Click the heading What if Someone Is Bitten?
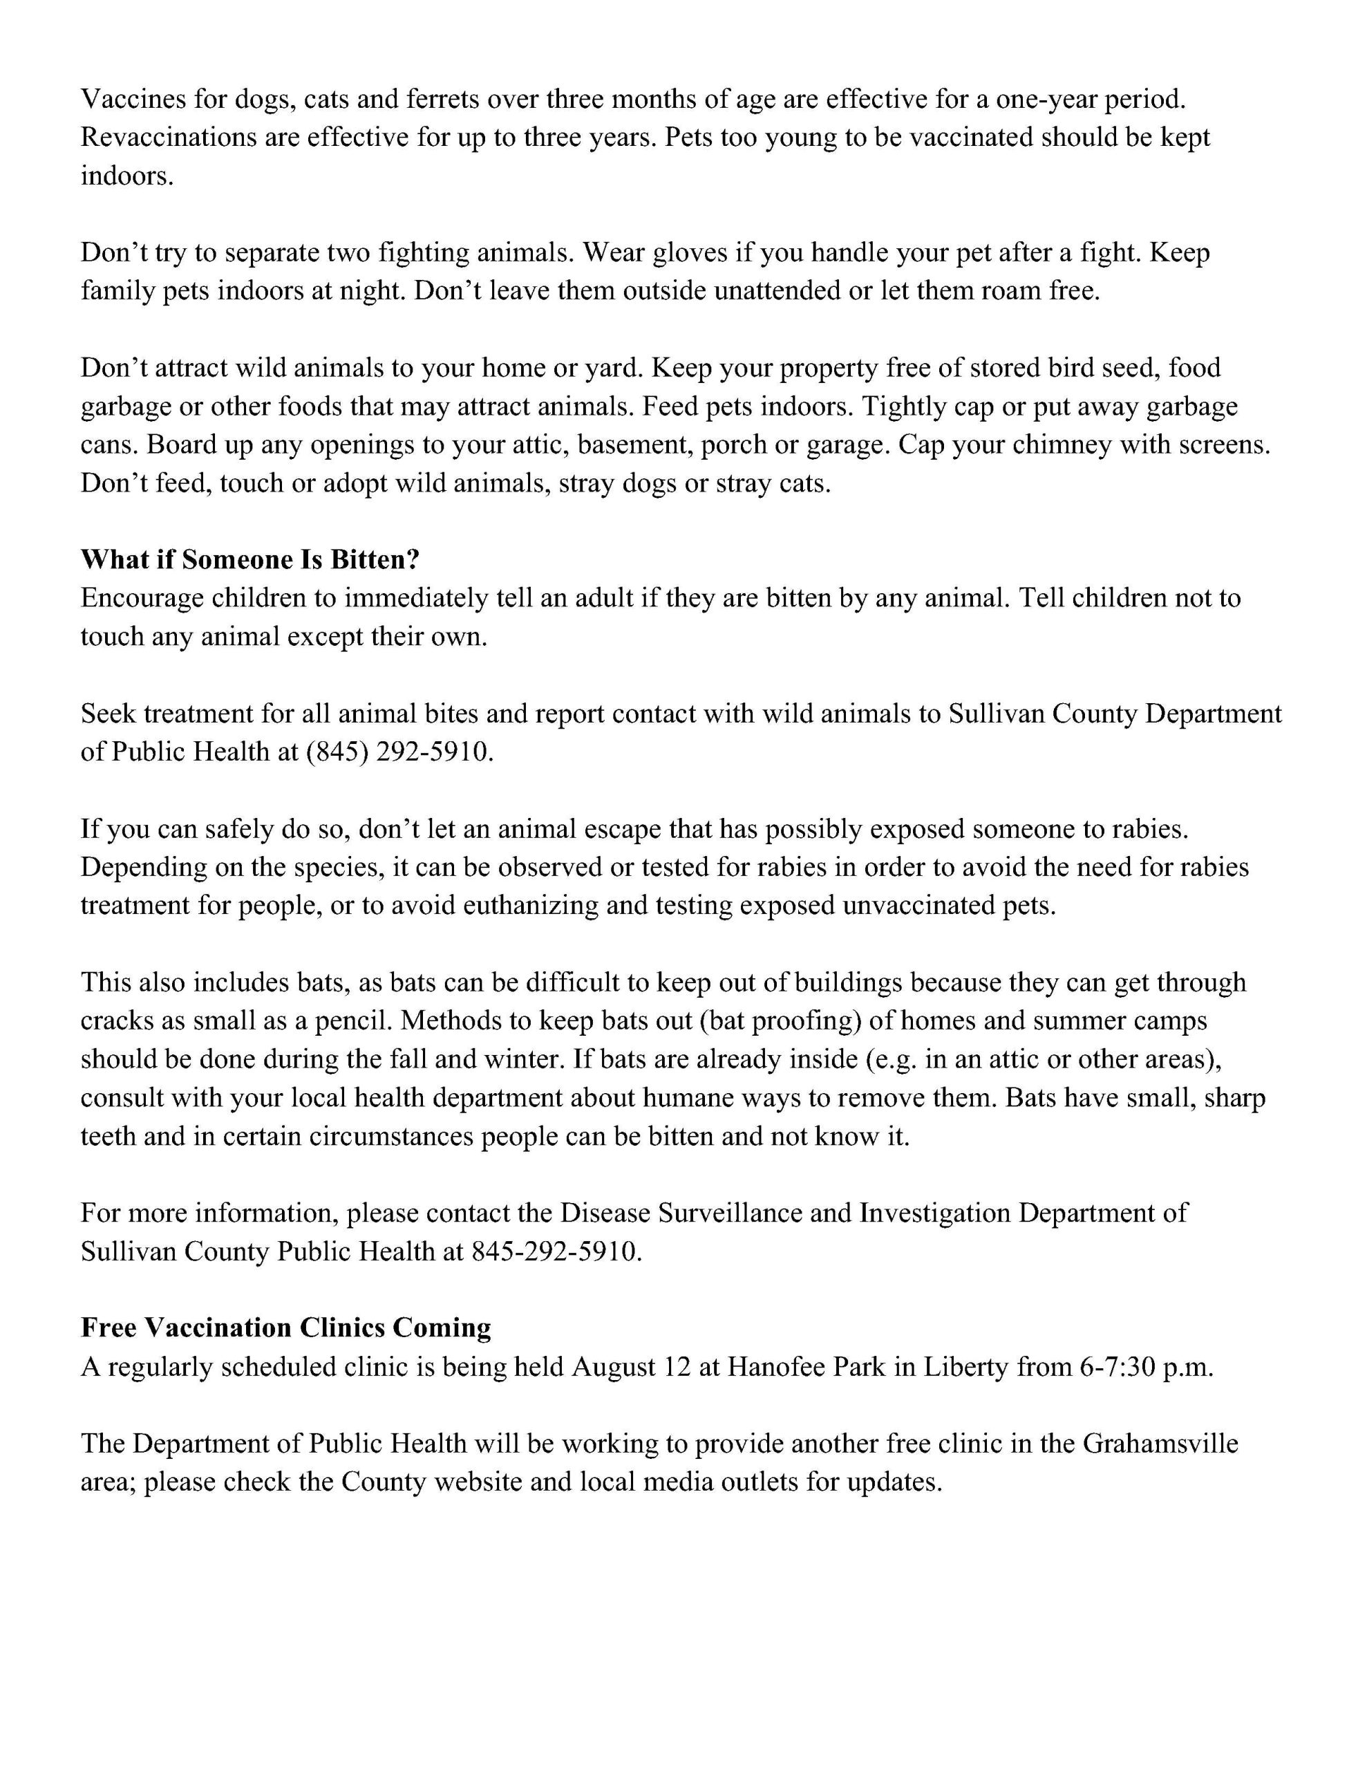[250, 559]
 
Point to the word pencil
[353, 1021]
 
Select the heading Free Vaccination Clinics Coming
[286, 1327]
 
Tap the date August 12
[630, 1366]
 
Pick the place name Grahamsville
[1160, 1444]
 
